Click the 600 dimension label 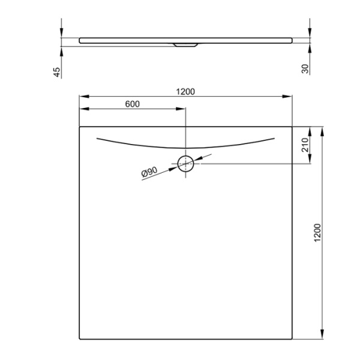[133, 104]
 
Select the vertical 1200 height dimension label [318, 233]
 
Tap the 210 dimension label [305, 145]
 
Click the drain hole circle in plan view [185, 163]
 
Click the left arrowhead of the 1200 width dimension [83, 96]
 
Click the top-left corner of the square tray [80, 127]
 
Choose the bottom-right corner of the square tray [292, 339]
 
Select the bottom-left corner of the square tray [80, 339]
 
